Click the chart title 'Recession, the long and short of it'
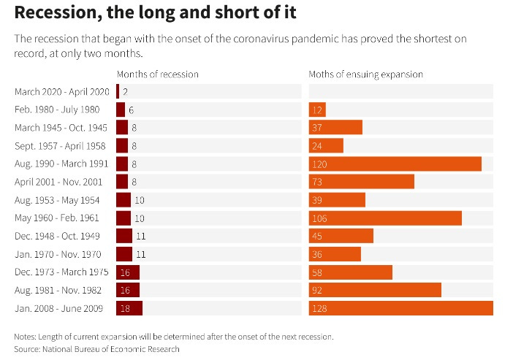click(155, 13)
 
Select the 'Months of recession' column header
click(157, 74)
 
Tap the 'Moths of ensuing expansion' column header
click(365, 74)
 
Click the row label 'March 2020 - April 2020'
click(62, 92)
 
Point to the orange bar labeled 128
click(400, 308)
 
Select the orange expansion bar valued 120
click(395, 164)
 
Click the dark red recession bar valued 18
click(129, 308)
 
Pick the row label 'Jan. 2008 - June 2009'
click(58, 308)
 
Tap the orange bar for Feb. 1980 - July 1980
click(317, 110)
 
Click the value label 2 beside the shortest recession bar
click(125, 92)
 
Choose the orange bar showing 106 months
click(385, 218)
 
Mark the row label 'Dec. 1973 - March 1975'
click(62, 272)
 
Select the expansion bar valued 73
click(361, 182)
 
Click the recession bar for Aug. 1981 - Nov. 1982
click(127, 290)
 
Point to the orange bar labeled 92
click(375, 290)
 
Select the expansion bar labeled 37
click(335, 128)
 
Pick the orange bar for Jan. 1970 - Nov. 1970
click(335, 254)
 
